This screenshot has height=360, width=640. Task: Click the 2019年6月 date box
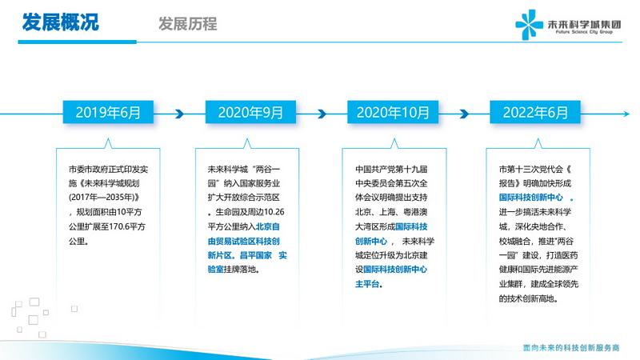[x=108, y=112]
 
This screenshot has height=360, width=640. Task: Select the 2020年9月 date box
[x=250, y=112]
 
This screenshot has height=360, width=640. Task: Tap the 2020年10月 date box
[x=393, y=112]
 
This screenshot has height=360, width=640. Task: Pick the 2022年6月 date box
[x=535, y=112]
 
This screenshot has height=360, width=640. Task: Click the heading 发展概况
[x=61, y=22]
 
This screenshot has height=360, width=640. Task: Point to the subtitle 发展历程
[x=188, y=24]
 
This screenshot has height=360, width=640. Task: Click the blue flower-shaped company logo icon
[x=529, y=25]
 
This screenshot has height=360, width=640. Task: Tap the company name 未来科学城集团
[x=584, y=24]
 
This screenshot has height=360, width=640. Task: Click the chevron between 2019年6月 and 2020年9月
[x=179, y=114]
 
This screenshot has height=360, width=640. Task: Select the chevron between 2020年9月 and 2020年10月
[x=322, y=114]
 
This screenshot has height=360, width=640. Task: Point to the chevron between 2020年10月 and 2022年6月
[x=464, y=114]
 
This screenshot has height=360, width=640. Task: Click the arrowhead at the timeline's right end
[x=626, y=114]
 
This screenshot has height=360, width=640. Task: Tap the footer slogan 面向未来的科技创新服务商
[x=571, y=348]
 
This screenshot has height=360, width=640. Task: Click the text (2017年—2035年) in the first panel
[x=102, y=198]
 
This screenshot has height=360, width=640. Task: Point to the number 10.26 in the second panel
[x=274, y=212]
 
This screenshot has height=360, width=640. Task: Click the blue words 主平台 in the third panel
[x=367, y=284]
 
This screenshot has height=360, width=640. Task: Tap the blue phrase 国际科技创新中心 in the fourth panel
[x=530, y=198]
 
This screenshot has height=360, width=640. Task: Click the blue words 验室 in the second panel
[x=215, y=270]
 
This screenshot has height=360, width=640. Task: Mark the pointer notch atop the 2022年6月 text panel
[x=538, y=143]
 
